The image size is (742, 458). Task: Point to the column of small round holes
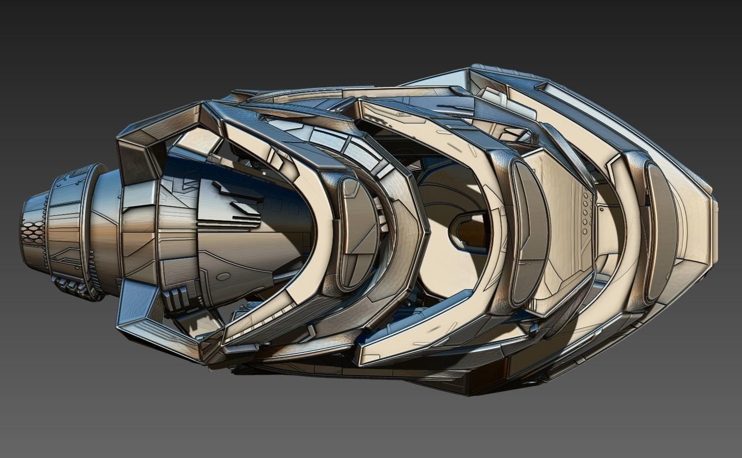point(585,212)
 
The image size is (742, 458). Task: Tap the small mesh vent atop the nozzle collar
point(79,174)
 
